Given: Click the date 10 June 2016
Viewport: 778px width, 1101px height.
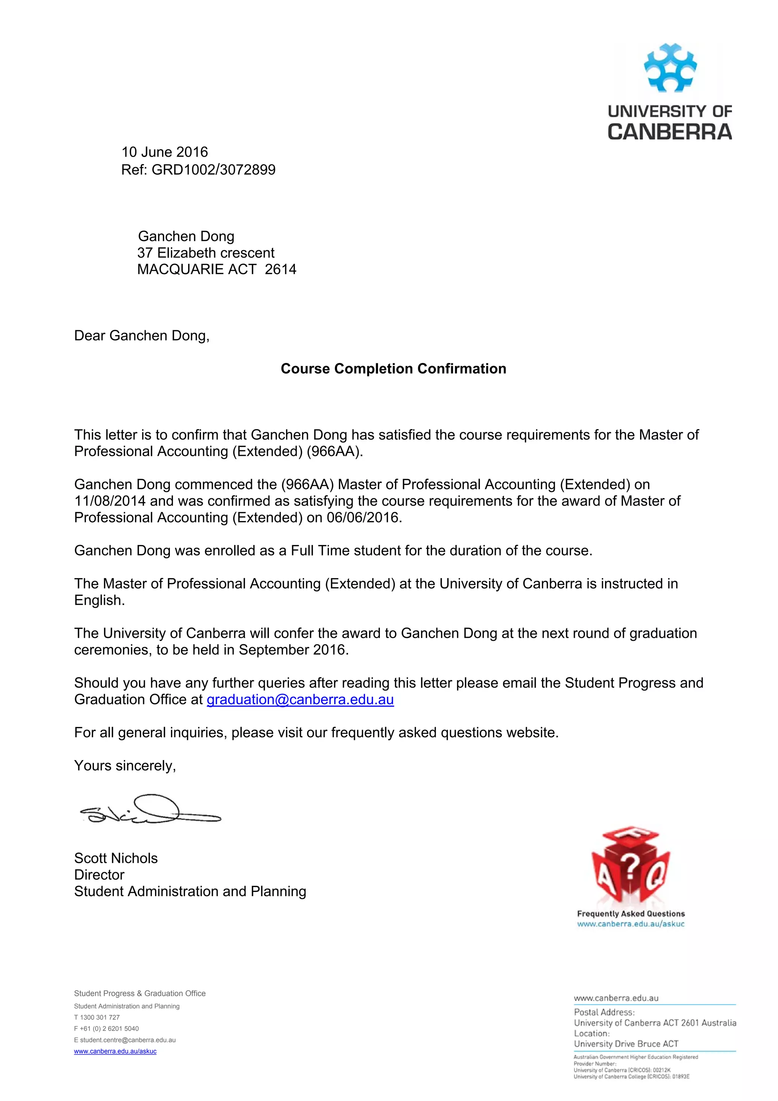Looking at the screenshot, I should (x=164, y=152).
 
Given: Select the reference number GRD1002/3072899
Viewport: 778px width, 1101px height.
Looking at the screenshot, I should (x=213, y=170).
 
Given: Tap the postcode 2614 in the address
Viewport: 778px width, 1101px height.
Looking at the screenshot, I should (x=280, y=269).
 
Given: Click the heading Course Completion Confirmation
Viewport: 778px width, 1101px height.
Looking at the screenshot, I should (x=393, y=368).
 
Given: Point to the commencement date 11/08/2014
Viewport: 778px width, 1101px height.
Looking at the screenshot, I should (x=110, y=501).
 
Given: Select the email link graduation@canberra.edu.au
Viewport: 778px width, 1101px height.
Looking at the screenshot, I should (x=300, y=700).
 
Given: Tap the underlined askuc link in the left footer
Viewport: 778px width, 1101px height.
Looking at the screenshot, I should (x=115, y=1051).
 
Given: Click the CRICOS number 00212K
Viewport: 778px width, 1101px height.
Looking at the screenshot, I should (x=661, y=1070).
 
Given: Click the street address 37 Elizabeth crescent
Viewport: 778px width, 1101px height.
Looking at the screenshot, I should (x=206, y=253).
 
